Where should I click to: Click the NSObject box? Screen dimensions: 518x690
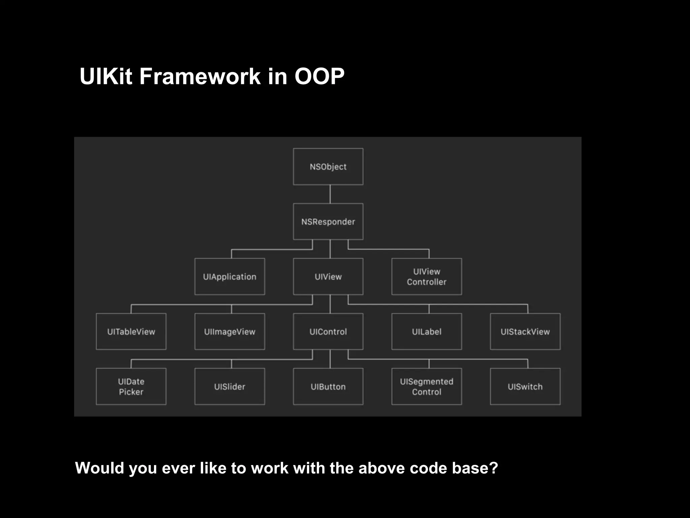point(328,167)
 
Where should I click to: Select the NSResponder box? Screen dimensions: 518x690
point(328,222)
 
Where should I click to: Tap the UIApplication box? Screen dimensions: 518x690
point(230,277)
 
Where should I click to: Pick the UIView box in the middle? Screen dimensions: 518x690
point(328,277)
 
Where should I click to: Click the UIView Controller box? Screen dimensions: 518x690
point(427,277)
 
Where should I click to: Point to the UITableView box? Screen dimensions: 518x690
point(131,332)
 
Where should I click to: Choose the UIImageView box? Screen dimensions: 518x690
point(230,332)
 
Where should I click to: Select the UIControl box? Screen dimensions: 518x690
point(328,332)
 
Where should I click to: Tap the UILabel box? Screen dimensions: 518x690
point(427,332)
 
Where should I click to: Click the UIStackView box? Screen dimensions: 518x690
point(525,332)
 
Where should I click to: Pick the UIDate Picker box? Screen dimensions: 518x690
point(131,386)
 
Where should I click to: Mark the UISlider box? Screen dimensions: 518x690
point(230,386)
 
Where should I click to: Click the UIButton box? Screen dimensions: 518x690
point(328,386)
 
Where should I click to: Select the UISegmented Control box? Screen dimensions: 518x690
point(427,386)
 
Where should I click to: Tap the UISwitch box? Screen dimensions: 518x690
point(525,386)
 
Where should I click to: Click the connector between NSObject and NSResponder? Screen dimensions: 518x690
point(330,194)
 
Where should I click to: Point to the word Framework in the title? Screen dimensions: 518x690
point(200,77)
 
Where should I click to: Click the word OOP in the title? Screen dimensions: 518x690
point(319,77)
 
